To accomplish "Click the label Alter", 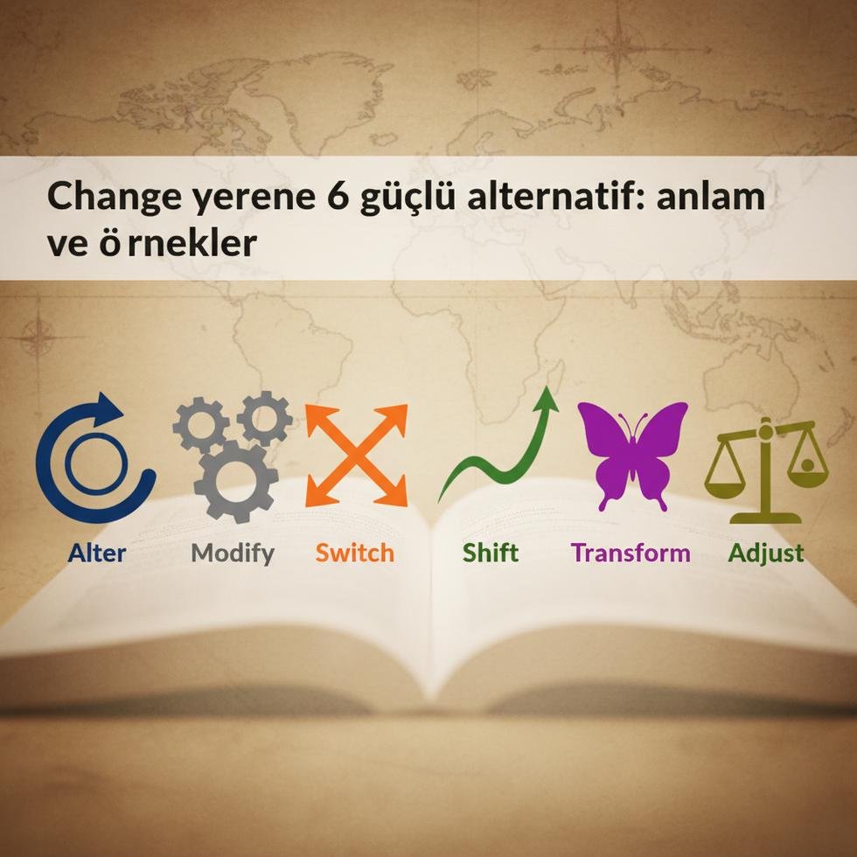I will (x=96, y=553).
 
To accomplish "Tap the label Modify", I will (x=233, y=553).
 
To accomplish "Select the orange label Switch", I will (x=354, y=553).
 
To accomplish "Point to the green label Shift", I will (x=491, y=553).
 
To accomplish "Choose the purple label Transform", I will (x=631, y=553).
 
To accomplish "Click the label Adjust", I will (x=766, y=553).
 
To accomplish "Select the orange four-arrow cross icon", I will (x=356, y=455).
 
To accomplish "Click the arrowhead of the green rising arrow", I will (x=548, y=398).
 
